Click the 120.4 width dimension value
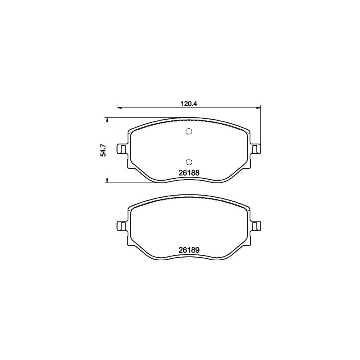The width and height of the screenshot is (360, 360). [189, 103]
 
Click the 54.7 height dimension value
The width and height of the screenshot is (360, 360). [103, 150]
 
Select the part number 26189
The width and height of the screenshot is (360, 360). [189, 250]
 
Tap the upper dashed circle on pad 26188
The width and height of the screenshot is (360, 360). [189, 132]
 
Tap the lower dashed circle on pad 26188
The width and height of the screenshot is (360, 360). [189, 162]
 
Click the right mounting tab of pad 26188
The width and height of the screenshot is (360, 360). [256, 149]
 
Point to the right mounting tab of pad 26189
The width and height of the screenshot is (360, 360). [256, 226]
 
